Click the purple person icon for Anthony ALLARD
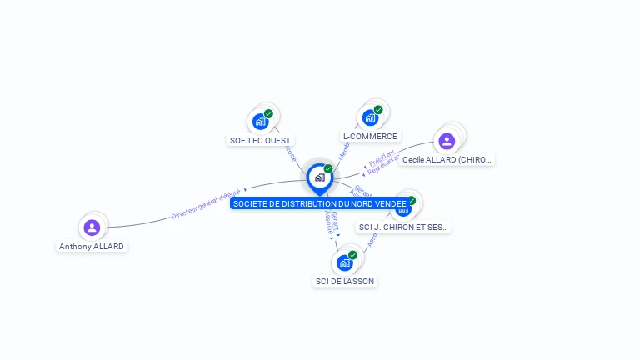click(x=92, y=227)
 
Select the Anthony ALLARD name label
click(x=92, y=247)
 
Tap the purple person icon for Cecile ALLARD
click(x=447, y=141)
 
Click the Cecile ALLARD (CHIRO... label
click(x=447, y=159)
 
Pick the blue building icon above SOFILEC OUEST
click(x=261, y=122)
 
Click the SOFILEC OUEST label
click(x=262, y=141)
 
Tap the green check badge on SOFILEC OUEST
click(x=268, y=113)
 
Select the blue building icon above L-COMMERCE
click(x=370, y=118)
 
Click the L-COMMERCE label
click(x=370, y=136)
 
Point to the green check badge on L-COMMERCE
click(x=378, y=110)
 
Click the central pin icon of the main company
click(x=319, y=177)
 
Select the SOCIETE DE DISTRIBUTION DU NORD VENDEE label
click(x=320, y=203)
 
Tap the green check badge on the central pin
click(x=328, y=169)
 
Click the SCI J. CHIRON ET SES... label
click(x=403, y=227)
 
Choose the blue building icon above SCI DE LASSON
click(x=344, y=263)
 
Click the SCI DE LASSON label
click(x=345, y=281)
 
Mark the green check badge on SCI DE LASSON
click(x=352, y=255)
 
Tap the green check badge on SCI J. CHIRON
click(x=411, y=201)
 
